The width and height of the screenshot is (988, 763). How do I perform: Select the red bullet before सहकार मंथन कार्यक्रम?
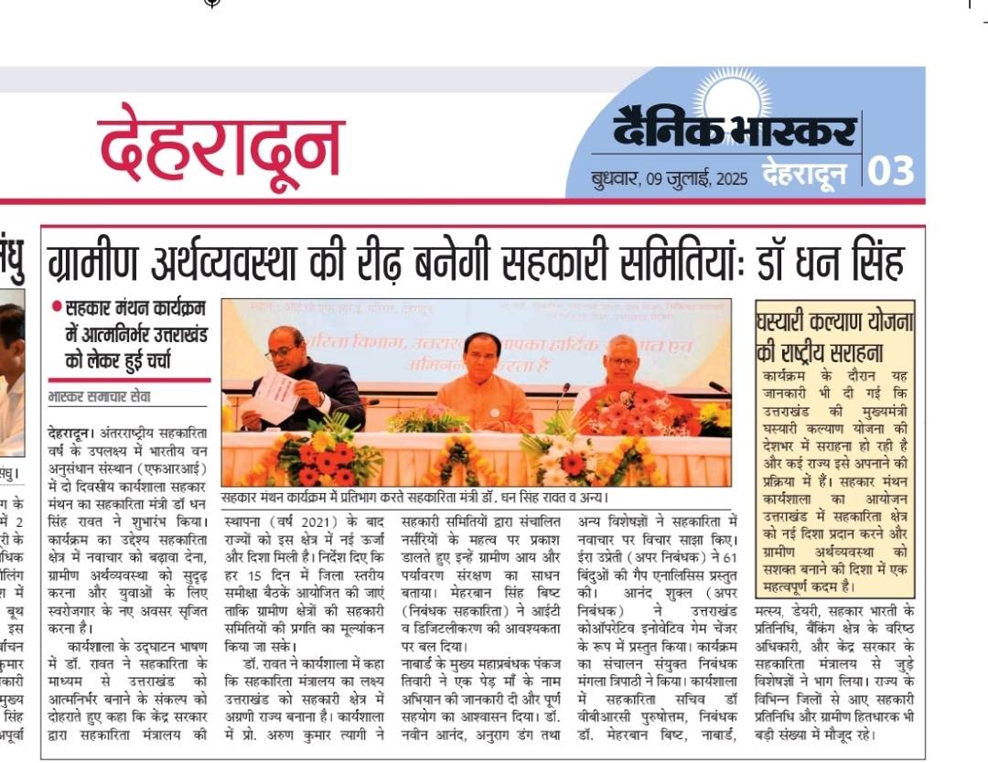coord(57,308)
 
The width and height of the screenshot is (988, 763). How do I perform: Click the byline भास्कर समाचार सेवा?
coord(100,398)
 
